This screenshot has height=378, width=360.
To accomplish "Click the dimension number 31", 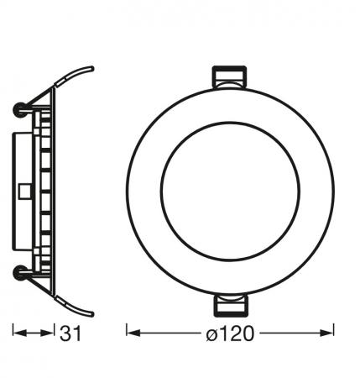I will pos(70,334).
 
